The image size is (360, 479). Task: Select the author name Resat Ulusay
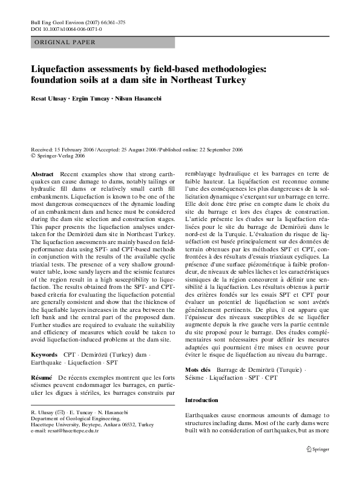[50, 98]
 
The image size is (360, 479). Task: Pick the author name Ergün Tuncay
[96, 98]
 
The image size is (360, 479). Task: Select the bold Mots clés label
[197, 369]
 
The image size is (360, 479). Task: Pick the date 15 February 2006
[79, 149]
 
